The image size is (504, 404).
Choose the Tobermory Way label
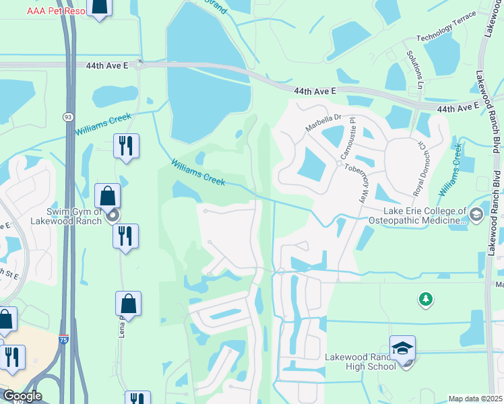point(354,180)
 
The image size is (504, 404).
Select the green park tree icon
point(425,298)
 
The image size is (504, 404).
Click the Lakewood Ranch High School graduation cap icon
point(402,348)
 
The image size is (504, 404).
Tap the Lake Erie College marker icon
point(477,214)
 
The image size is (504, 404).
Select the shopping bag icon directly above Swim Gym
point(108,196)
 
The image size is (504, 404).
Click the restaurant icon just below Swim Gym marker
point(125,236)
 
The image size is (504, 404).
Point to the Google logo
point(22,396)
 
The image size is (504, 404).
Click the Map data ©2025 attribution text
point(475,399)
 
